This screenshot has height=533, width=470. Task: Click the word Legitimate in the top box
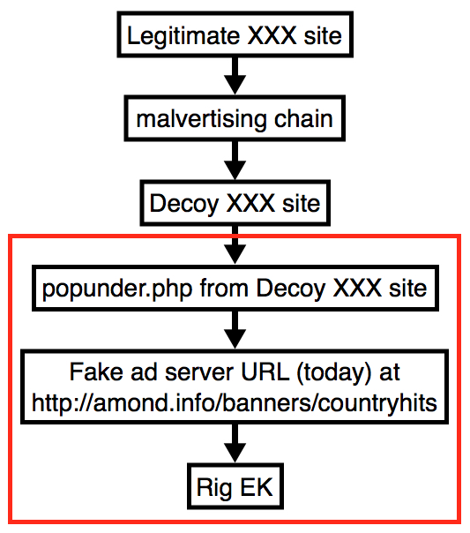pos(183,36)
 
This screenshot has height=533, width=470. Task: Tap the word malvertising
pos(201,119)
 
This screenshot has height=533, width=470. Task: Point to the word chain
pos(303,118)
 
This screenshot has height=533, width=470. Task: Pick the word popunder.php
pos(117,289)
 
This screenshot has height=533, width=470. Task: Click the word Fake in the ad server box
pos(96,372)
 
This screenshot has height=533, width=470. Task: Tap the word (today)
pos(334,373)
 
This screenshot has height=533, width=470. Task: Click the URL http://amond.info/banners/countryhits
pos(235,403)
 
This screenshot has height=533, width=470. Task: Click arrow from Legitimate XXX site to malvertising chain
pos(235,76)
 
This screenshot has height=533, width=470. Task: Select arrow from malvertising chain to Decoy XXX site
pos(235,160)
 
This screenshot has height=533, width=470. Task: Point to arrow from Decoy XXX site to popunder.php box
pos(235,244)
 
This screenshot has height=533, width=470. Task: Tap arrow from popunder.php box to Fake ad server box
pos(235,329)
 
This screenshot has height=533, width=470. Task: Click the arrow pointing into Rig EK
pos(235,443)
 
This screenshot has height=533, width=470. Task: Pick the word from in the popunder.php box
pos(224,289)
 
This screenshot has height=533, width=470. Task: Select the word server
pos(199,372)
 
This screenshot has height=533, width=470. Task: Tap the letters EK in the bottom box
pos(257,487)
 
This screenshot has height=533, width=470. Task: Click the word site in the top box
pos(323,35)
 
